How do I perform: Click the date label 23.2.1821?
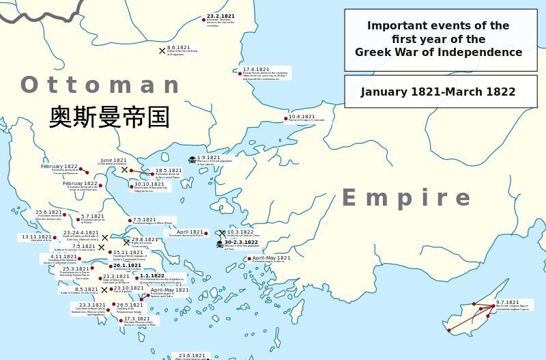coord(220,16)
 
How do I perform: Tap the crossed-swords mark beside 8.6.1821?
coord(162,51)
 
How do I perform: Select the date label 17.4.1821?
coord(257,69)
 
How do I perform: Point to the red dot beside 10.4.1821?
coord(286,118)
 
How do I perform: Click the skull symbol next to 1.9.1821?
coord(192,160)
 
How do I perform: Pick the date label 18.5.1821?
coord(169,170)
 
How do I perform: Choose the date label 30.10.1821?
coord(149,184)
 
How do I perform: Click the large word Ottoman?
coord(100,85)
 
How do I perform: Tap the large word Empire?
coord(405,198)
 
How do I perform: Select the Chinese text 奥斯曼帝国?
coord(109,117)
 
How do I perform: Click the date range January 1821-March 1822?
coord(438,92)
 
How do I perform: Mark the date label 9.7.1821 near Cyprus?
coord(508,302)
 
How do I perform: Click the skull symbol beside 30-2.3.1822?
coord(220,244)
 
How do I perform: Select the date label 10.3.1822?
coord(240,232)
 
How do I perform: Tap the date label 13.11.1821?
coord(36,236)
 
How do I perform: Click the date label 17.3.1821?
coord(136,318)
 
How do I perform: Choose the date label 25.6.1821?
coord(49,212)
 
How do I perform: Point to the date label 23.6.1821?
coord(192,355)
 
